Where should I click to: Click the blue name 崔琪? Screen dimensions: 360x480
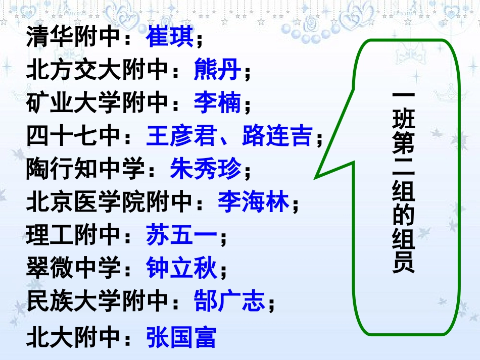[170, 37]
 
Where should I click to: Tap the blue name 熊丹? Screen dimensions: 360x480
[218, 71]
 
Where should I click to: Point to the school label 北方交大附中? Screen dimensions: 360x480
[97, 71]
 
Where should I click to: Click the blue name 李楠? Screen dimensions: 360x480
[218, 104]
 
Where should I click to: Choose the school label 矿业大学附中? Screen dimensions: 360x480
[97, 104]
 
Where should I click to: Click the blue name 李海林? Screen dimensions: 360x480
[254, 203]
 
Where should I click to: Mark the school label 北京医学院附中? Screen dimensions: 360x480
[109, 203]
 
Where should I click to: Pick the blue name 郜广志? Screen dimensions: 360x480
[230, 302]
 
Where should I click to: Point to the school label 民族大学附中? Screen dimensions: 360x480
[97, 302]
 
